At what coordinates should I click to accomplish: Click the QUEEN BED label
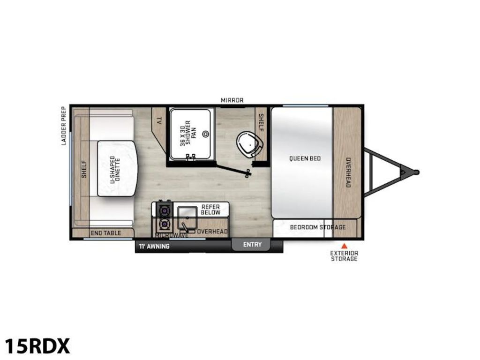pyautogui.click(x=305, y=158)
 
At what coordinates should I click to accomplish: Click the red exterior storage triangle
pyautogui.click(x=345, y=246)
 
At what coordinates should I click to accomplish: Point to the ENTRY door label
pyautogui.click(x=252, y=245)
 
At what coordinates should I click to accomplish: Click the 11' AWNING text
pyautogui.click(x=154, y=246)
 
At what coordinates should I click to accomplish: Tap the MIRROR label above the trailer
pyautogui.click(x=232, y=100)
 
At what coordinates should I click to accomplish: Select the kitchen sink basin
pyautogui.click(x=187, y=218)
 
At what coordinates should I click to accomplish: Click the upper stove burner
pyautogui.click(x=165, y=210)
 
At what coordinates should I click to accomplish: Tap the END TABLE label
pyautogui.click(x=106, y=233)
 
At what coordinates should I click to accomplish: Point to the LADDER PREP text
pyautogui.click(x=64, y=126)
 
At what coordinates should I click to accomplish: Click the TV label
pyautogui.click(x=159, y=121)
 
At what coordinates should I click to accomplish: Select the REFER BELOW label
pyautogui.click(x=210, y=210)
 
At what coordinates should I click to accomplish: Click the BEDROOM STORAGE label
pyautogui.click(x=318, y=227)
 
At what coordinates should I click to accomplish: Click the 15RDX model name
pyautogui.click(x=37, y=346)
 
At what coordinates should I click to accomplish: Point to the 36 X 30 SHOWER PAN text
pyautogui.click(x=188, y=133)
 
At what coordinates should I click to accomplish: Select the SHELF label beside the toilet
pyautogui.click(x=261, y=122)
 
